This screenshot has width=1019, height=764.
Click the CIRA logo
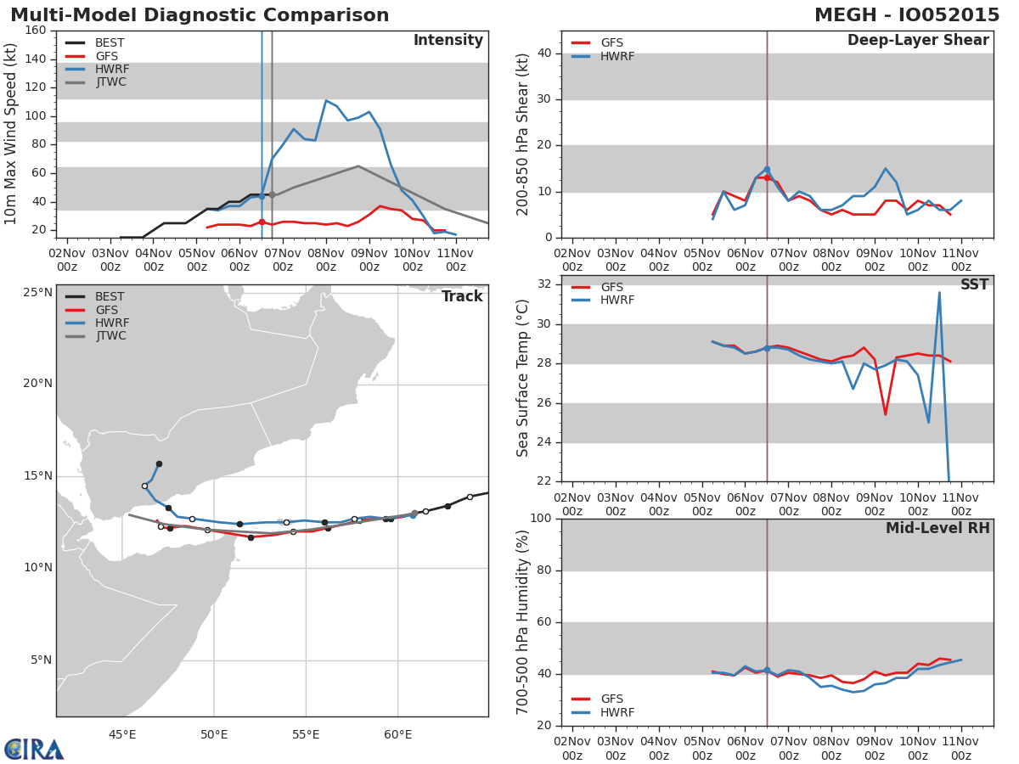click(34, 749)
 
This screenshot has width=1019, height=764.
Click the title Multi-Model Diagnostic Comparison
click(200, 15)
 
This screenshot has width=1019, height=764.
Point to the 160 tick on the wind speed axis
click(36, 31)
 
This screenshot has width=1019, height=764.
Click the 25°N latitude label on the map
click(37, 292)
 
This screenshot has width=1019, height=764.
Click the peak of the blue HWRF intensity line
click(325, 100)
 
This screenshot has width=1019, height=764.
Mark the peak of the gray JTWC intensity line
click(358, 166)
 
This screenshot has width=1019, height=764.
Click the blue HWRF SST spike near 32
click(939, 293)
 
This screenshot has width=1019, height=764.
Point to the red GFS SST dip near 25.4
click(885, 414)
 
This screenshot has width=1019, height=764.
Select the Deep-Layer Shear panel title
click(917, 41)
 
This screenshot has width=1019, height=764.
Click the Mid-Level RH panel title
click(937, 529)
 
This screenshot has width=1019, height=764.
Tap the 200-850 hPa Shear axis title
click(523, 134)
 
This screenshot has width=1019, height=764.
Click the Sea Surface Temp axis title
click(523, 379)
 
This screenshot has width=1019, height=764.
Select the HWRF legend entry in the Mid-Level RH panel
click(617, 713)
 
